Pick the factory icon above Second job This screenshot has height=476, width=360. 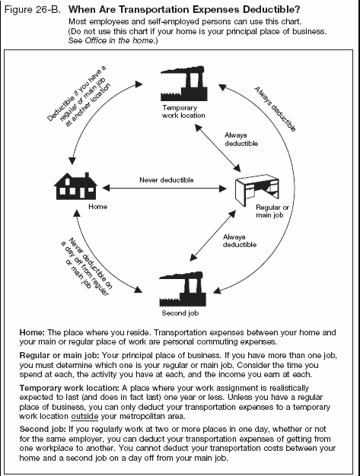(x=183, y=287)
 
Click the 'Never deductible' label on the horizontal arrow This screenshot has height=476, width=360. (x=167, y=180)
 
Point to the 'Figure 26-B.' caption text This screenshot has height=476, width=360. (x=31, y=9)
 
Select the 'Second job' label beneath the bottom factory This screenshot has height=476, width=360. (x=180, y=313)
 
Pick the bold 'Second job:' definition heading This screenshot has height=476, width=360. (x=45, y=428)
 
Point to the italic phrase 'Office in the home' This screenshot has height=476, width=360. (x=115, y=41)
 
